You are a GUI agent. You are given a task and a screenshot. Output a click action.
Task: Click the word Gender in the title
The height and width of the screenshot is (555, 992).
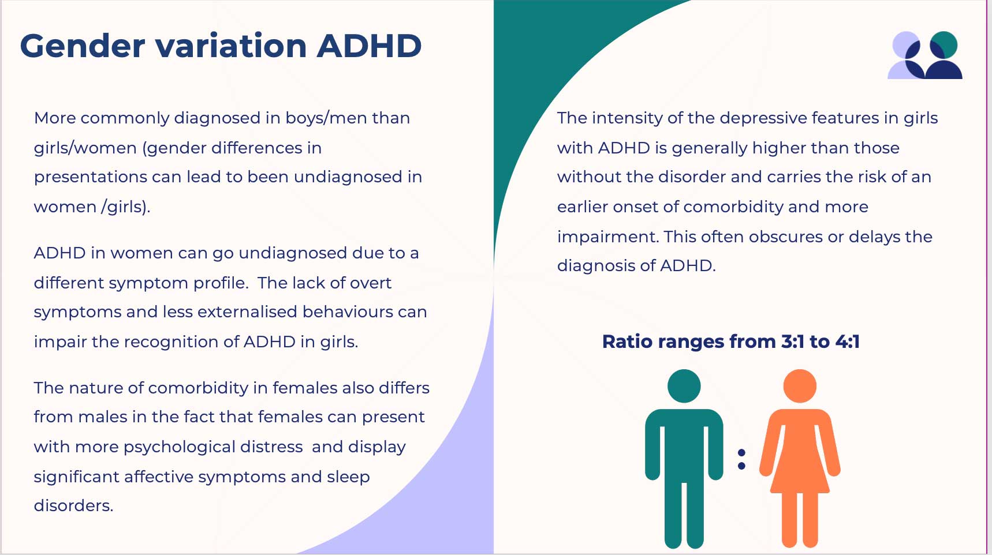(x=83, y=46)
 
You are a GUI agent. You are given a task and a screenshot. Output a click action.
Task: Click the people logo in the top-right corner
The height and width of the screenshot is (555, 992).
(x=925, y=55)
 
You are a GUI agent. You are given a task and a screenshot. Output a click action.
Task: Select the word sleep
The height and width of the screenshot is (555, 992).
(x=348, y=478)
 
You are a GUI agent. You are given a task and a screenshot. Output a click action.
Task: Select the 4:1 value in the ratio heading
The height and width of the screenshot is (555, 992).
(x=848, y=342)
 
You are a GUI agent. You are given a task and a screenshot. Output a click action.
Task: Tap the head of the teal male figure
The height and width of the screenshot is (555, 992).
(x=684, y=386)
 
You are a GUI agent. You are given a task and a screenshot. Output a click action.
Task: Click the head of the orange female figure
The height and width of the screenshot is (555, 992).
(x=800, y=386)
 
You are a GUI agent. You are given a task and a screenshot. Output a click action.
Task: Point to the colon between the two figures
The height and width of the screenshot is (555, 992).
(x=741, y=459)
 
